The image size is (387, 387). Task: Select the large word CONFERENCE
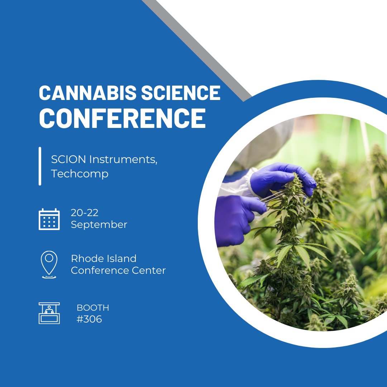[122, 118]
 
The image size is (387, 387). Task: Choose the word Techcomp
[80, 174]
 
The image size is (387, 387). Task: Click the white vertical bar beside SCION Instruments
[40, 166]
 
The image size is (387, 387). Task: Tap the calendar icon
[49, 219]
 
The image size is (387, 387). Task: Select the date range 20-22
[85, 213]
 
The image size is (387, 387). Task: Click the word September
[99, 225]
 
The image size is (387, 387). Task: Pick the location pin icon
[49, 264]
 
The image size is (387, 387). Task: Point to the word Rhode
[86, 258]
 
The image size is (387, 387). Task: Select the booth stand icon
[49, 313]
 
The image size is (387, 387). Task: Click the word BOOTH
[93, 308]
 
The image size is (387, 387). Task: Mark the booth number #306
[89, 319]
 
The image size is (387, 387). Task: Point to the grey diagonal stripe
[201, 50]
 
